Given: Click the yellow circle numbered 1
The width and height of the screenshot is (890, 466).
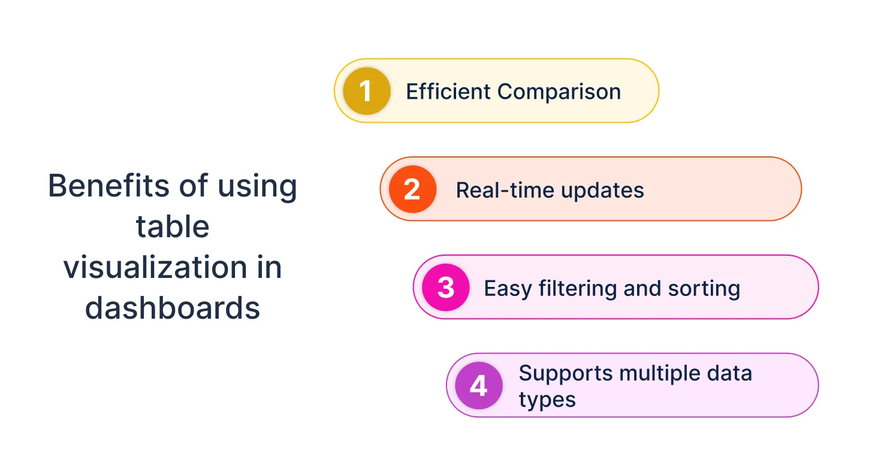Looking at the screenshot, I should tap(366, 91).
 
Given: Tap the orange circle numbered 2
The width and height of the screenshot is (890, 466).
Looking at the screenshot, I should tap(412, 189).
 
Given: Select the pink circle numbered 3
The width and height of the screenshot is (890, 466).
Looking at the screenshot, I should tap(445, 288).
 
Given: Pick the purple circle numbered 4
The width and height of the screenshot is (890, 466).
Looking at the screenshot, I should tap(478, 386).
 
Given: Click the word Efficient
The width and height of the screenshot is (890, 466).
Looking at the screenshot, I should tap(448, 92).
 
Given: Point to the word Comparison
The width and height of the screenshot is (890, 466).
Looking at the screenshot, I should tap(559, 92).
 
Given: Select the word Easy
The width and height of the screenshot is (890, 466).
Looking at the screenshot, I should tap(508, 289).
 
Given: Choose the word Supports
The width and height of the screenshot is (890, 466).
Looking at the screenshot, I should tap(565, 374).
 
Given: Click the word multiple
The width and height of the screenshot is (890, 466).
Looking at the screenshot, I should tap(657, 374).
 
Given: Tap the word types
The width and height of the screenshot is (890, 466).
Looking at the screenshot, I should tap(547, 400).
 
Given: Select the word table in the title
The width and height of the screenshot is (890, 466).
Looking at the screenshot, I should tap(173, 226).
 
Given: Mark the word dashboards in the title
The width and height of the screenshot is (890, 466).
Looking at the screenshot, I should tap(173, 308).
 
